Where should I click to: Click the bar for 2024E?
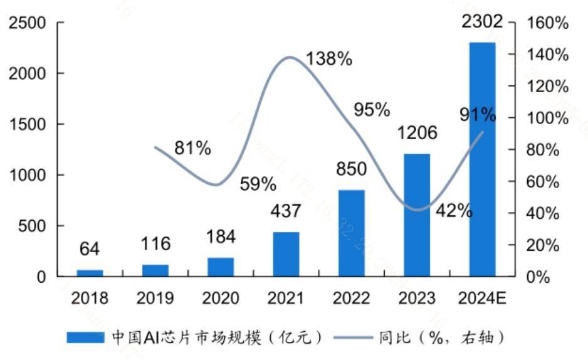pyautogui.click(x=482, y=159)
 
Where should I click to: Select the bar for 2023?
pyautogui.click(x=417, y=214)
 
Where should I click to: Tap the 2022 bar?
pyautogui.click(x=351, y=233)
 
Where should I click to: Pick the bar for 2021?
pyautogui.click(x=286, y=254)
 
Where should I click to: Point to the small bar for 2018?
pyautogui.click(x=90, y=273)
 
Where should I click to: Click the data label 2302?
pyautogui.click(x=482, y=23)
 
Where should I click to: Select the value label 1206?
pyautogui.click(x=417, y=133)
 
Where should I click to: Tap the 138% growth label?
pyautogui.click(x=329, y=60)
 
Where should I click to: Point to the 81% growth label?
pyautogui.click(x=192, y=149)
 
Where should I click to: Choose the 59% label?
pyautogui.click(x=257, y=184)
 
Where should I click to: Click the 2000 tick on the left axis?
pyautogui.click(x=29, y=74)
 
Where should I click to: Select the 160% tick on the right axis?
pyautogui.click(x=548, y=23)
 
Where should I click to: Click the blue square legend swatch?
pyautogui.click(x=86, y=338)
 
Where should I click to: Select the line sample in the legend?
pyautogui.click(x=354, y=338)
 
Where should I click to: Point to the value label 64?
pyautogui.click(x=90, y=249)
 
